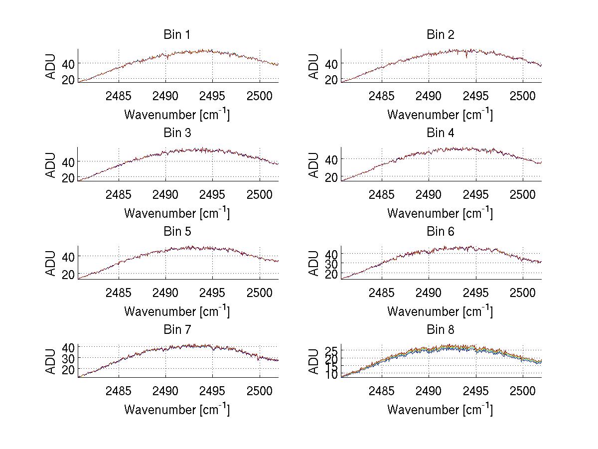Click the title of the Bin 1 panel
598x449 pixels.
pos(177,35)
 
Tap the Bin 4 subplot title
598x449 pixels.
pos(440,133)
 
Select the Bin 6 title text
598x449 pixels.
pos(440,232)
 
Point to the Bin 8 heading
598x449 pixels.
pos(440,330)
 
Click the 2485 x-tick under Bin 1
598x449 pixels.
pos(119,96)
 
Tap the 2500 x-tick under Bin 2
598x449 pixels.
pos(522,96)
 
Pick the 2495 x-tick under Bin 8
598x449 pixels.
pos(476,391)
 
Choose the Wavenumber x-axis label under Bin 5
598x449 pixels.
pos(177,311)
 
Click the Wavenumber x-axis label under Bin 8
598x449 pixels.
pos(440,410)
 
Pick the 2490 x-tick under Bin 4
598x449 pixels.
pos(429,194)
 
